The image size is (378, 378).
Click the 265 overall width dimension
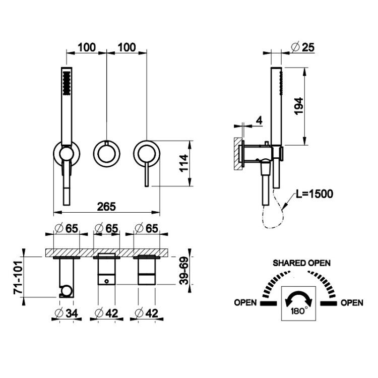[106, 207]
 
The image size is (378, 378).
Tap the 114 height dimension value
[184, 163]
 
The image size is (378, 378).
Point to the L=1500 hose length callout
[314, 194]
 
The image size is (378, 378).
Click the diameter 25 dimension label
[303, 47]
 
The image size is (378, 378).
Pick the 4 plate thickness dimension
[259, 120]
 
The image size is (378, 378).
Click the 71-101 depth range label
[18, 277]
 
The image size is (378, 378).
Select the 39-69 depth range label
[184, 271]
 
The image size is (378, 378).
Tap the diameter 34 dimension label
[67, 313]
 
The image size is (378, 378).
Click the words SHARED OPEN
[301, 263]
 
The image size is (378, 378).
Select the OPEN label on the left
[245, 302]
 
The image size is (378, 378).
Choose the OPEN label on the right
[352, 302]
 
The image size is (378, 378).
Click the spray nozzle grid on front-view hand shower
[67, 83]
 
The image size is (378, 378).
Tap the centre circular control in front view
[106, 153]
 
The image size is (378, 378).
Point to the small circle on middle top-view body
[106, 281]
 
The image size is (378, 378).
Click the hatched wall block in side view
[238, 154]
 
